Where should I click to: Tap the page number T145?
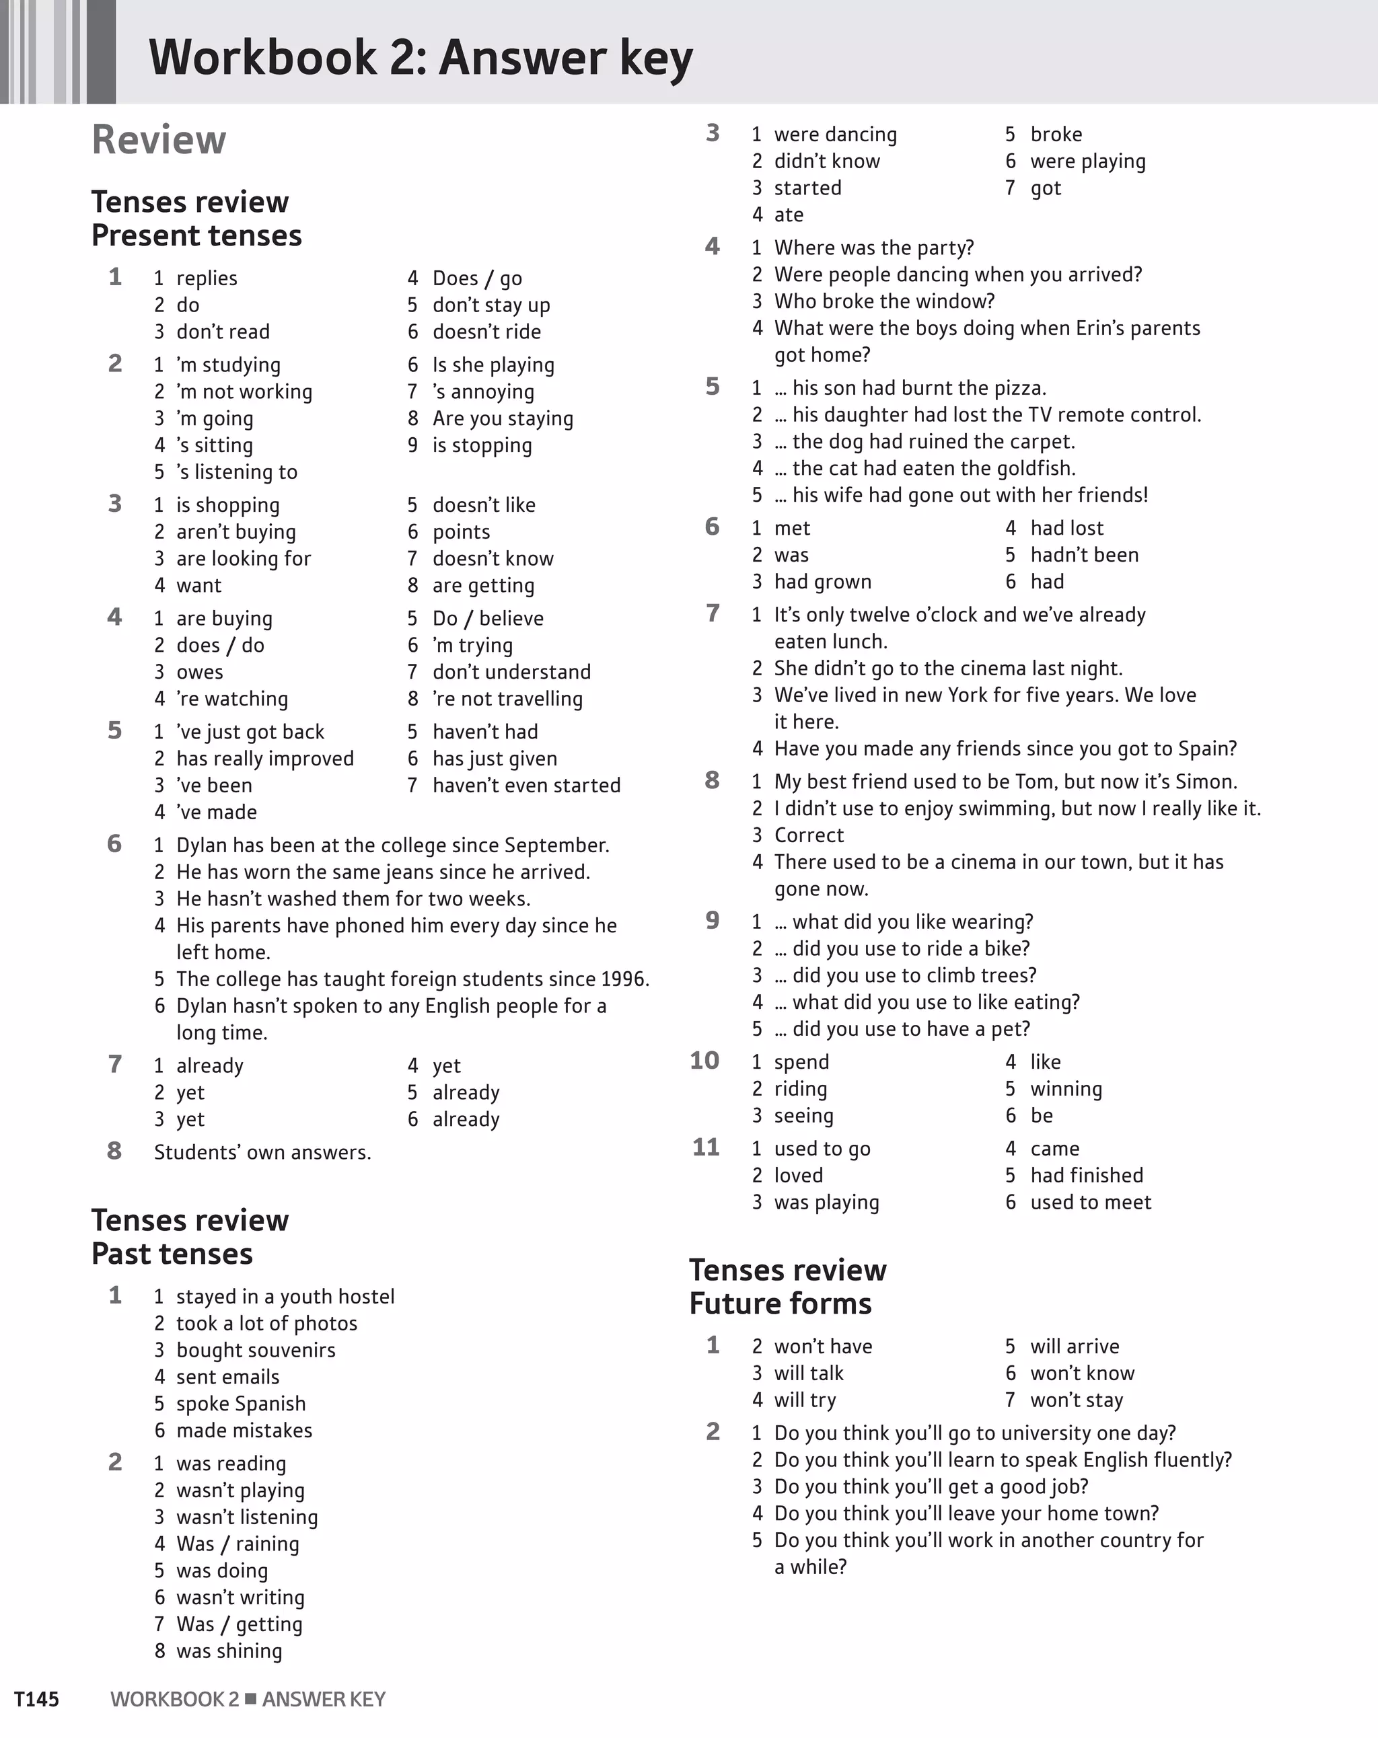pos(36,1699)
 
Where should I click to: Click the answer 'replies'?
pos(207,278)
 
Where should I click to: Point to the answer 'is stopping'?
pos(482,445)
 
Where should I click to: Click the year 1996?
pos(623,979)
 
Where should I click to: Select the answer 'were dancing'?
pos(836,134)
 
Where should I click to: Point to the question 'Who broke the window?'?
pos(885,301)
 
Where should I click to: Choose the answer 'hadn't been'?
pos(1085,555)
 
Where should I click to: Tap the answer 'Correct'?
pos(809,835)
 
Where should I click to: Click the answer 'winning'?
pos(1066,1088)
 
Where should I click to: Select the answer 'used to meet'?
pos(1090,1202)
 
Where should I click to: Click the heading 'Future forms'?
pos(780,1303)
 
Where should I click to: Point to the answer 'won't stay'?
pos(1077,1400)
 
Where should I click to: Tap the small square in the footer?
pos(251,1698)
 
